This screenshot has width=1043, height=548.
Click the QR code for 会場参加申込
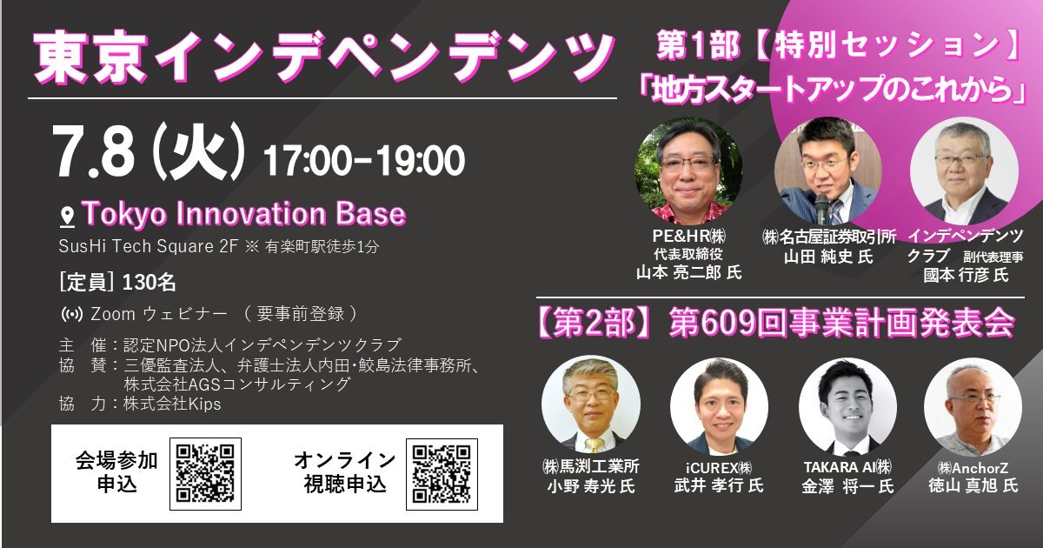[x=205, y=473]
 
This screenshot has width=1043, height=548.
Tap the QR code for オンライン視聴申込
[x=442, y=474]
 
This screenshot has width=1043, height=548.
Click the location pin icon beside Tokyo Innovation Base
[x=68, y=217]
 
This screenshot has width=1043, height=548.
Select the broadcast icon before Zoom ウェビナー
[x=72, y=315]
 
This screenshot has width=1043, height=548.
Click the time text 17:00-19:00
[x=364, y=160]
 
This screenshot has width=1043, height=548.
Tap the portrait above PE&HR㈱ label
[x=688, y=170]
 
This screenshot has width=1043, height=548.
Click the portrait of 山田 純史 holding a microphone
[x=827, y=170]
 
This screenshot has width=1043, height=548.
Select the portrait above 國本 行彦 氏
[x=964, y=170]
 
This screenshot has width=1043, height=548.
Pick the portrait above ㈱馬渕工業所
[x=591, y=404]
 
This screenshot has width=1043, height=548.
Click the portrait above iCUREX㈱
[x=719, y=406]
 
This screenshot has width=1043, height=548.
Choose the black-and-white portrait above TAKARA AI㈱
[x=847, y=406]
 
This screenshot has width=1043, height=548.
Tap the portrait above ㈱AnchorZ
[x=973, y=406]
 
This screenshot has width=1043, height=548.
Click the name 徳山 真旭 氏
[x=973, y=486]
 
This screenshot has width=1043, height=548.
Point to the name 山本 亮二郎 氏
[x=688, y=272]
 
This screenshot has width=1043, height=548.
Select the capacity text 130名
[x=149, y=283]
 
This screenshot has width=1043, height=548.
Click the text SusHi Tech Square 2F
[x=149, y=246]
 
